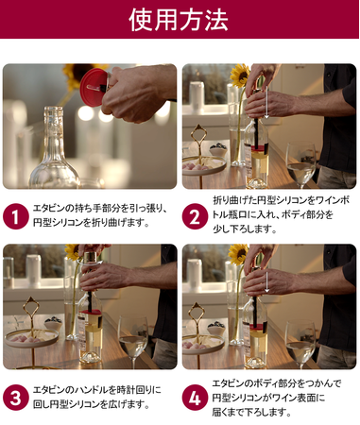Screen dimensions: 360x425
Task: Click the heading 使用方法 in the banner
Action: click(179, 20)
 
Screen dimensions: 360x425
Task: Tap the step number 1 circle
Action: click(16, 216)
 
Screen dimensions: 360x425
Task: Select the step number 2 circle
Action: click(195, 216)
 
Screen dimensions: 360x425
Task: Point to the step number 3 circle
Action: click(16, 398)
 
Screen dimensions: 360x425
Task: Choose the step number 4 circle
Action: click(195, 398)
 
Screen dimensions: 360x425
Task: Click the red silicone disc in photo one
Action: click(94, 87)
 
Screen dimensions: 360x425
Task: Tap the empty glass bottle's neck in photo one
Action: click(53, 126)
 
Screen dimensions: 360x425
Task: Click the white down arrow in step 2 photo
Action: click(266, 102)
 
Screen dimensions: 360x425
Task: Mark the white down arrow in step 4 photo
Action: click(266, 282)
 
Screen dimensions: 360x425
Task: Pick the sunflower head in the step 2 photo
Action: click(240, 76)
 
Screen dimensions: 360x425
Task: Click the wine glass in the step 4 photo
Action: click(300, 344)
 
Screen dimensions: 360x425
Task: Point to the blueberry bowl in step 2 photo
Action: click(218, 150)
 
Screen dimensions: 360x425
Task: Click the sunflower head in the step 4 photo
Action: click(238, 254)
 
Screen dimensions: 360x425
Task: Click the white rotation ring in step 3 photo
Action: click(90, 262)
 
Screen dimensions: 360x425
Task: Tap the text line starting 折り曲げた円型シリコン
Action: click(282, 200)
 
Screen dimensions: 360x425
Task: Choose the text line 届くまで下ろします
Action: click(251, 412)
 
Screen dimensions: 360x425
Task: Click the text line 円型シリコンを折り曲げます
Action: click(92, 223)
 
